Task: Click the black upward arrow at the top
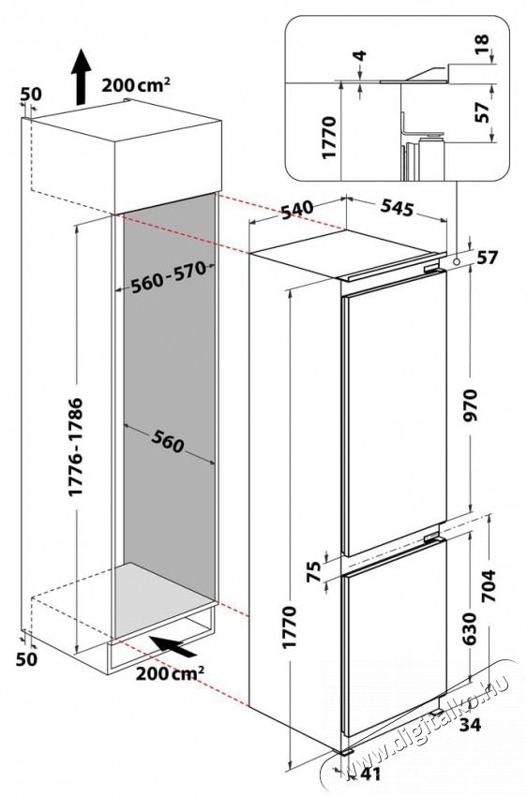point(82,76)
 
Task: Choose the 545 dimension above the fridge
point(396,209)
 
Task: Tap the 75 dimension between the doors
point(314,569)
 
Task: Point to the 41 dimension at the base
point(370,774)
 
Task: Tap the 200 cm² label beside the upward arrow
point(137,85)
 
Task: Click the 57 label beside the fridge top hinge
point(486,258)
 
